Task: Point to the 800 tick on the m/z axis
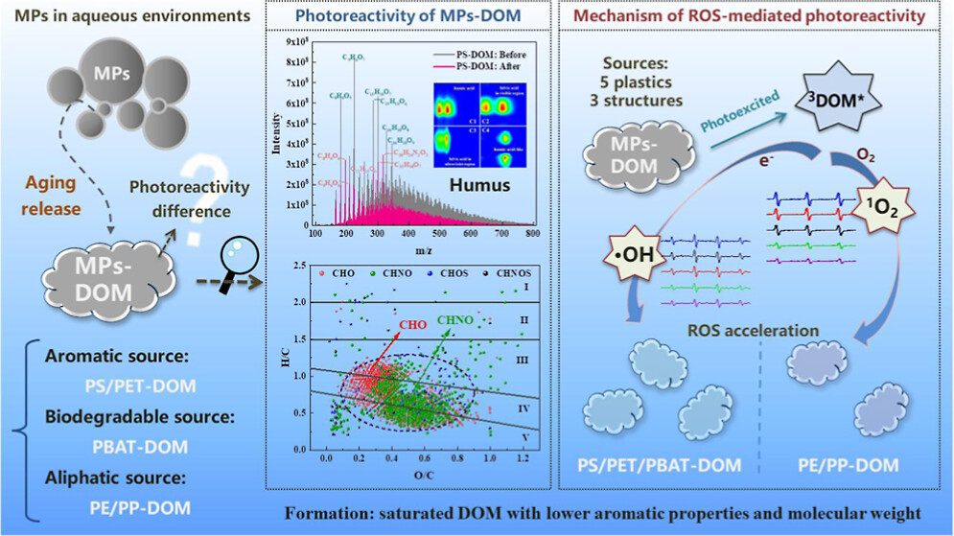pos(533,234)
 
